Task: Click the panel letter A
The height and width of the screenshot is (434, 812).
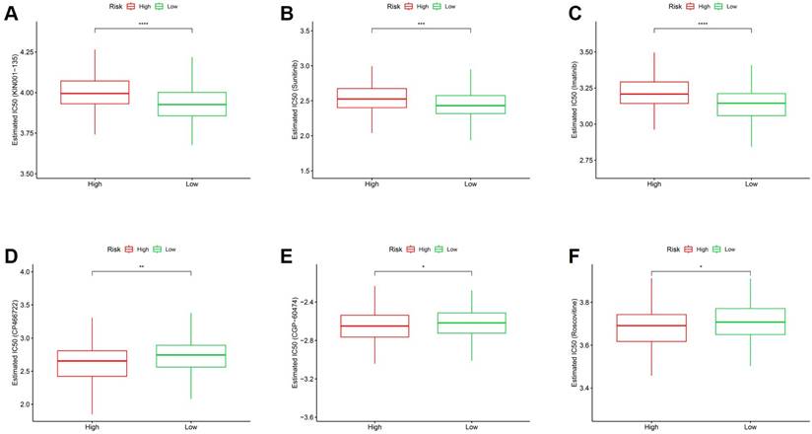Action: [x=15, y=15]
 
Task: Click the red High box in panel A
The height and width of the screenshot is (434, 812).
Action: [x=94, y=92]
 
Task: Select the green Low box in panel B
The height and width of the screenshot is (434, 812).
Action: [x=469, y=105]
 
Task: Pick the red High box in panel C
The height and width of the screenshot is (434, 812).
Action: [x=652, y=93]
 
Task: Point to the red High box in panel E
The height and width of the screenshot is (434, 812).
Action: [x=373, y=326]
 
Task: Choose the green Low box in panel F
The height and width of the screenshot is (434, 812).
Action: [x=751, y=322]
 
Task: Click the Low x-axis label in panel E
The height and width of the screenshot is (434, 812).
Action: [x=471, y=426]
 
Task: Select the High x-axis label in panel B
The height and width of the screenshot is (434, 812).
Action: [x=372, y=183]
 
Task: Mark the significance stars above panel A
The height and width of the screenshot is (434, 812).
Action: [x=143, y=24]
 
